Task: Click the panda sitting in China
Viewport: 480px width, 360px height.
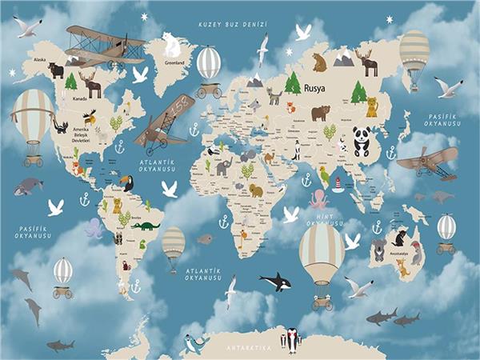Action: [x=361, y=142]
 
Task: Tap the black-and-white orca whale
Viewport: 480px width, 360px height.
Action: [x=274, y=281]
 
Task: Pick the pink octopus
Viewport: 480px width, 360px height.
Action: [x=318, y=198]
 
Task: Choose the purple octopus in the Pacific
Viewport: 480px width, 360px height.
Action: [x=94, y=229]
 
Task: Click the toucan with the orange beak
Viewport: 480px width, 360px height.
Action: [x=126, y=183]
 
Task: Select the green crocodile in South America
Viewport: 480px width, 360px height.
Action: [x=146, y=226]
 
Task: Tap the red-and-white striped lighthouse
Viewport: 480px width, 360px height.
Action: [x=338, y=185]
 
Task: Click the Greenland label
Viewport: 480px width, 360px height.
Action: [x=174, y=62]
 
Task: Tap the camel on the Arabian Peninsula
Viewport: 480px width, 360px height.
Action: [x=269, y=157]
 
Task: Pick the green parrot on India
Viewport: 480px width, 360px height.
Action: [x=324, y=175]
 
